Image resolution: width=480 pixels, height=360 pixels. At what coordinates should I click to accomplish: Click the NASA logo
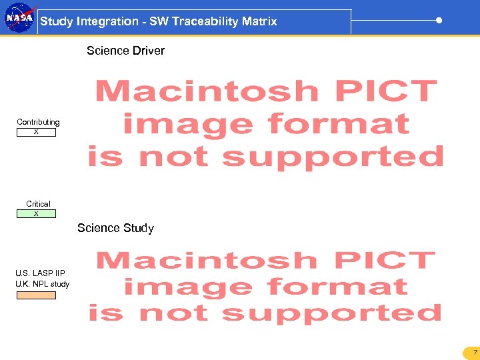coord(19,18)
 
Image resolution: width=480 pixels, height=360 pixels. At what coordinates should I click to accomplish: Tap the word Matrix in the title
coord(259,21)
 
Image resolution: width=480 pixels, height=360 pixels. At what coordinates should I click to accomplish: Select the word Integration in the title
coord(107,21)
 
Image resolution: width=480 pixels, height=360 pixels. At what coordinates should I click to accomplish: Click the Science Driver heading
coord(125,51)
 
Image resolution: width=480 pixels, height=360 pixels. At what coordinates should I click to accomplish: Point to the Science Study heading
coord(115,228)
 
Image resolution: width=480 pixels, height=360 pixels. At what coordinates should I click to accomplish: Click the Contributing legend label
coord(38,122)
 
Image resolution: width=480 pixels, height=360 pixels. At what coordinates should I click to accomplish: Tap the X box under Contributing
coord(36,132)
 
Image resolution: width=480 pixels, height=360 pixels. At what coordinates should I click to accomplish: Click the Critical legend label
coord(38,203)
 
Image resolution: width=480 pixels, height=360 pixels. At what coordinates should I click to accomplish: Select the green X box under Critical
coord(36,214)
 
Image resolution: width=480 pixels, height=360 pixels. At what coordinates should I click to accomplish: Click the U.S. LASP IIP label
coord(40,273)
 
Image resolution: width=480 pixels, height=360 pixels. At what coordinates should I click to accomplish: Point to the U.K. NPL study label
coord(42,284)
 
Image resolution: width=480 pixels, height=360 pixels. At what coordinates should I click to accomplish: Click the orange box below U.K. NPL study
coord(36,295)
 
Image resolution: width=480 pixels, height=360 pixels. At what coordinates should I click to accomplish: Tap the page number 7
coord(475,352)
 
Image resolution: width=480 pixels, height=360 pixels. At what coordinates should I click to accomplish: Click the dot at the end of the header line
coord(439,20)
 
